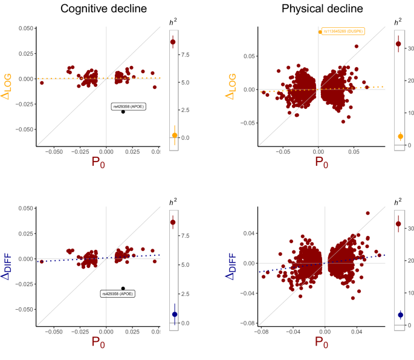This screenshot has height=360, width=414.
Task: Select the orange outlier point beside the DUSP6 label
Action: point(320,32)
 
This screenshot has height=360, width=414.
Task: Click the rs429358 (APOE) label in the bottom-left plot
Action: point(117,293)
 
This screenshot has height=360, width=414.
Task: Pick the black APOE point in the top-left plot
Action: point(123,111)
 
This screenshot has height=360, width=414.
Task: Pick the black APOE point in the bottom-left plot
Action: point(123,289)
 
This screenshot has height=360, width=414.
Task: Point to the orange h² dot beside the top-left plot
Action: point(174,136)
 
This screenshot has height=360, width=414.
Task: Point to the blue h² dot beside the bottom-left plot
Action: point(174,314)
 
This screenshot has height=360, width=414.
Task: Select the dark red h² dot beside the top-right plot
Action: point(398,44)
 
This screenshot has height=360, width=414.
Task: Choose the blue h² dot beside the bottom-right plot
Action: point(400,315)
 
